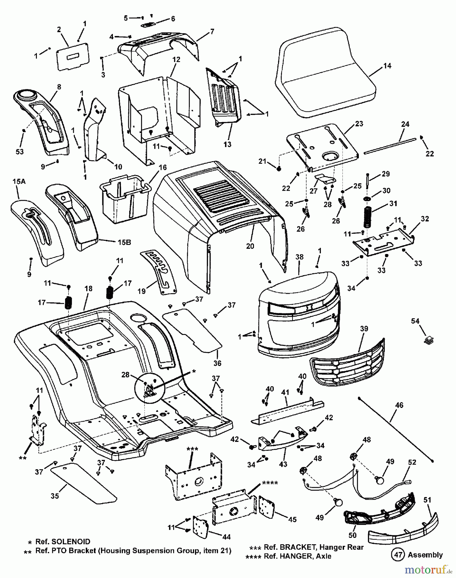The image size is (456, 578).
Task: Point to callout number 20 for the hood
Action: [250, 246]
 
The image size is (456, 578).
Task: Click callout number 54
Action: [416, 321]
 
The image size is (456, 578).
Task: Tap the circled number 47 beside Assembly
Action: [397, 555]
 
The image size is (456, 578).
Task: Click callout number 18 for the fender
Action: [89, 288]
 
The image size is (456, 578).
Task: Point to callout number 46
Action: [399, 405]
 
